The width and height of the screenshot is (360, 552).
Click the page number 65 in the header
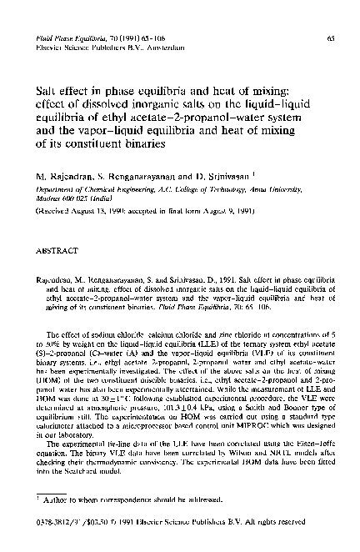pyautogui.click(x=331, y=38)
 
